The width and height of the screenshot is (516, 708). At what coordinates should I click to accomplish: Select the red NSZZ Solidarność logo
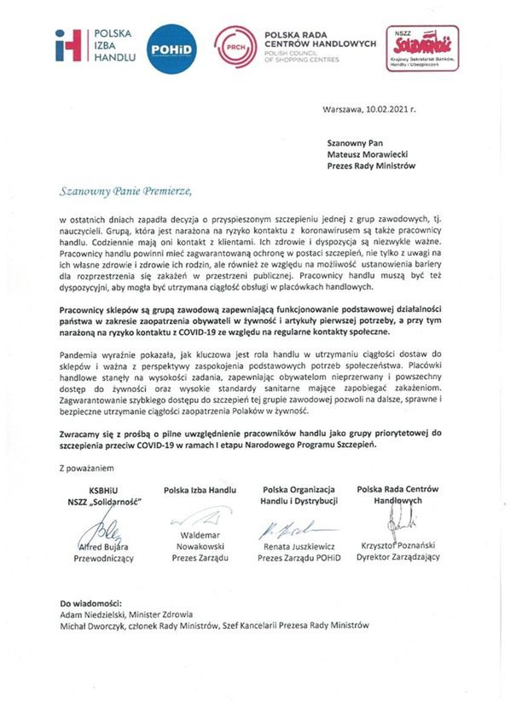[x=423, y=48]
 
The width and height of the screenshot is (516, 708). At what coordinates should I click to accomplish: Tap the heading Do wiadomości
[x=91, y=602]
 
